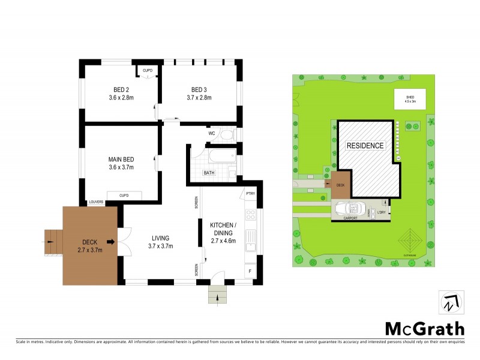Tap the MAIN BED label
click(x=121, y=159)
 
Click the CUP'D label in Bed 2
click(x=147, y=71)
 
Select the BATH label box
click(x=209, y=173)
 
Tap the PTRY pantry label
click(x=250, y=193)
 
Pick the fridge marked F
click(x=250, y=272)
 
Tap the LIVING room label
click(x=160, y=238)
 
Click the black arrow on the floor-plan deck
click(x=112, y=241)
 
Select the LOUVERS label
click(x=97, y=202)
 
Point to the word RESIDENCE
click(x=365, y=146)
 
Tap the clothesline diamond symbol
click(x=411, y=241)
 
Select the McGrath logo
click(x=424, y=328)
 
